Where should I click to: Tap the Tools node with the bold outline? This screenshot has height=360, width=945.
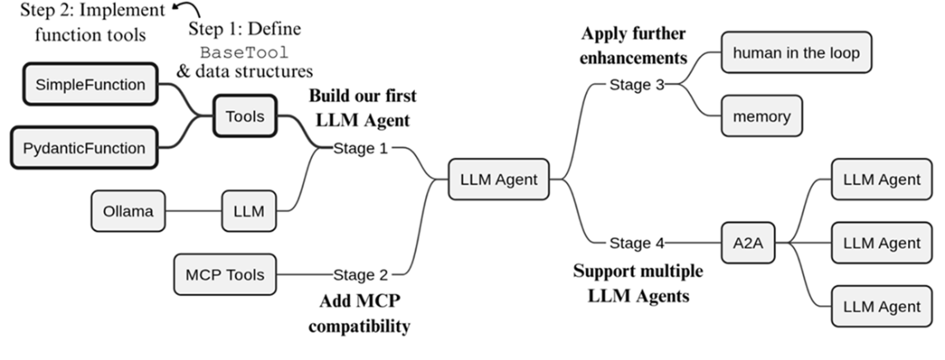pos(244,115)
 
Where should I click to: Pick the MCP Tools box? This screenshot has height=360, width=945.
pos(225,275)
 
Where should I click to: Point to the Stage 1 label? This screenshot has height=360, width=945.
pos(362,148)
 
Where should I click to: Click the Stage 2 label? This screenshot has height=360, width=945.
pos(362,275)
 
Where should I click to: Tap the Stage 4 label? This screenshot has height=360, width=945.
pos(637,243)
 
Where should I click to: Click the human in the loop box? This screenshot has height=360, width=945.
pos(796,52)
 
